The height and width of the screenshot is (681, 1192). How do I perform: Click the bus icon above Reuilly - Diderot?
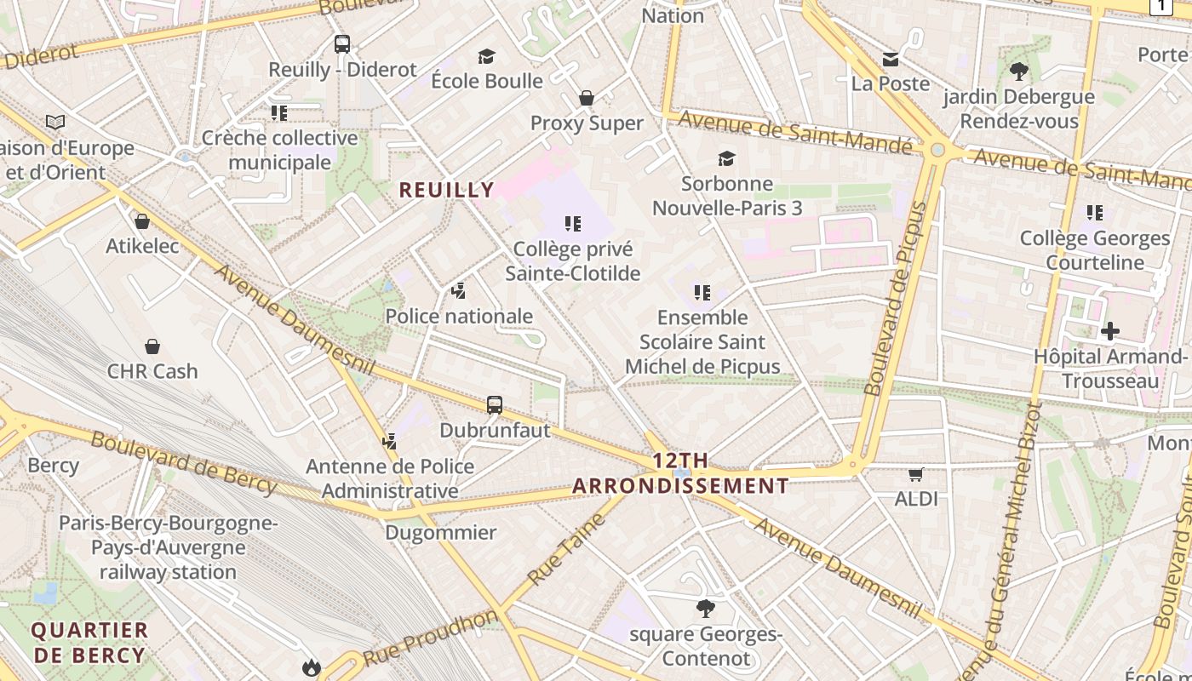tap(342, 44)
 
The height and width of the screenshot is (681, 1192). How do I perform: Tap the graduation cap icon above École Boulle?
tap(486, 56)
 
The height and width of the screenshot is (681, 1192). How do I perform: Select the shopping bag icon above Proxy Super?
tap(586, 98)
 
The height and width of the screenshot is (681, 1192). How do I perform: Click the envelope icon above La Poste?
tap(891, 59)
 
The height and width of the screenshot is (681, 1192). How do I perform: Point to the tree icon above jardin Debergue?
tap(1018, 72)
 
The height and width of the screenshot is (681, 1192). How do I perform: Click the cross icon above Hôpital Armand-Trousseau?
tap(1109, 331)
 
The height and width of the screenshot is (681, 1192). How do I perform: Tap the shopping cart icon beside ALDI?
tap(916, 474)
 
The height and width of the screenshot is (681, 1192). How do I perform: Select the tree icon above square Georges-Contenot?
tap(705, 609)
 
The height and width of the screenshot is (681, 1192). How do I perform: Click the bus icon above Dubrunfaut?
tap(495, 405)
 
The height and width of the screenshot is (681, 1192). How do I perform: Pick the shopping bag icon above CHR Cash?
tap(152, 346)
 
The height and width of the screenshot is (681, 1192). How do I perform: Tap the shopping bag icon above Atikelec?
tap(142, 221)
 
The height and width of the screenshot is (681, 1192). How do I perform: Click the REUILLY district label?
tap(446, 190)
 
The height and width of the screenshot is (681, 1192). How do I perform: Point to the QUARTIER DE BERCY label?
tap(89, 643)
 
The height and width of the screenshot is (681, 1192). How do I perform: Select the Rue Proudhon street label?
tap(430, 638)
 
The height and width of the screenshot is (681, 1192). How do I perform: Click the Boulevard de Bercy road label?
tap(184, 462)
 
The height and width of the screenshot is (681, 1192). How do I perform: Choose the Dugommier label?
tap(440, 533)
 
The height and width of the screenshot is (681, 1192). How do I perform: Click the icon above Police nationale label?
tap(459, 291)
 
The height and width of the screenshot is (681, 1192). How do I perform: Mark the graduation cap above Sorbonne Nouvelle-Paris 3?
tap(726, 158)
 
